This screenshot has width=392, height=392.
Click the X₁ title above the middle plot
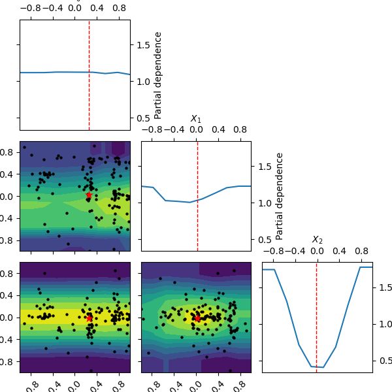pos(196,118)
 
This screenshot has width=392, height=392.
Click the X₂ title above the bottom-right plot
pos(317,240)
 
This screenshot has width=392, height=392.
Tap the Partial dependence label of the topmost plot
pos(157,75)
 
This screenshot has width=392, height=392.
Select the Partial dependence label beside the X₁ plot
pos(280,196)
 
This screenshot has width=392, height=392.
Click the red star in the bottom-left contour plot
pos(89,318)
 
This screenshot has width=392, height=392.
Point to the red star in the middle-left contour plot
pos(89,195)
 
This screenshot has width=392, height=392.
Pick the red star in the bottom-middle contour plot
pos(197,318)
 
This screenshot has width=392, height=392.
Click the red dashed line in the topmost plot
pos(89,75)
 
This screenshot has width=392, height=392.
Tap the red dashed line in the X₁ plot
pos(197,196)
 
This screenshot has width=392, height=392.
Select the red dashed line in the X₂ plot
pos(317,317)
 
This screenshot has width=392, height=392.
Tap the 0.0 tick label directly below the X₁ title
pos(196,130)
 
